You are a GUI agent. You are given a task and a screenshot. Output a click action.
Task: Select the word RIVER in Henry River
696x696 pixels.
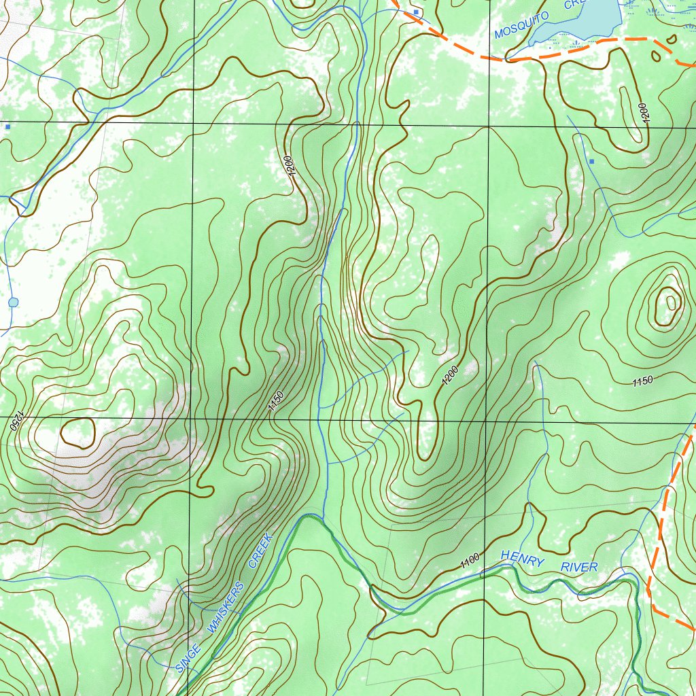[x=579, y=567]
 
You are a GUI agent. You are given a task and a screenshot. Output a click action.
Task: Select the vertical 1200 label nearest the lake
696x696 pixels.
[x=644, y=113]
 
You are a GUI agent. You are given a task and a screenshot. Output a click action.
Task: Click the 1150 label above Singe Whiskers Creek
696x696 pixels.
[x=275, y=401]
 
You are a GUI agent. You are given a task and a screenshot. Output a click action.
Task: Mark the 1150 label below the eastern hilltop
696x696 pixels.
[x=642, y=381]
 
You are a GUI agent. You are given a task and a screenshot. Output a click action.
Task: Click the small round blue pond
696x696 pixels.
[x=13, y=302]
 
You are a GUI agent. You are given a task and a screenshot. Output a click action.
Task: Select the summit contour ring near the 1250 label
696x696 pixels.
[x=77, y=432]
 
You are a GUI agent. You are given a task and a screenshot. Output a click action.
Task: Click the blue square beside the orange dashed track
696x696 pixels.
[x=416, y=12]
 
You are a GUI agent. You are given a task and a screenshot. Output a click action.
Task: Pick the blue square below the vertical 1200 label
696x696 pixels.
[x=592, y=161]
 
